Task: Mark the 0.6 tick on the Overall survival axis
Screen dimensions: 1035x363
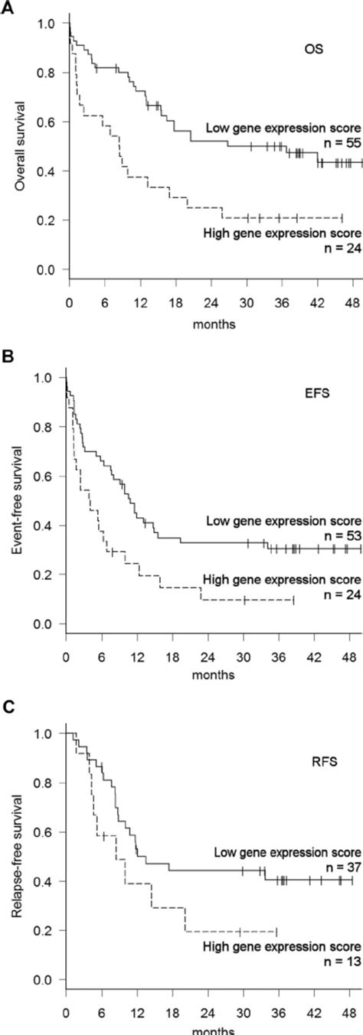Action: pyautogui.click(x=47, y=122)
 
